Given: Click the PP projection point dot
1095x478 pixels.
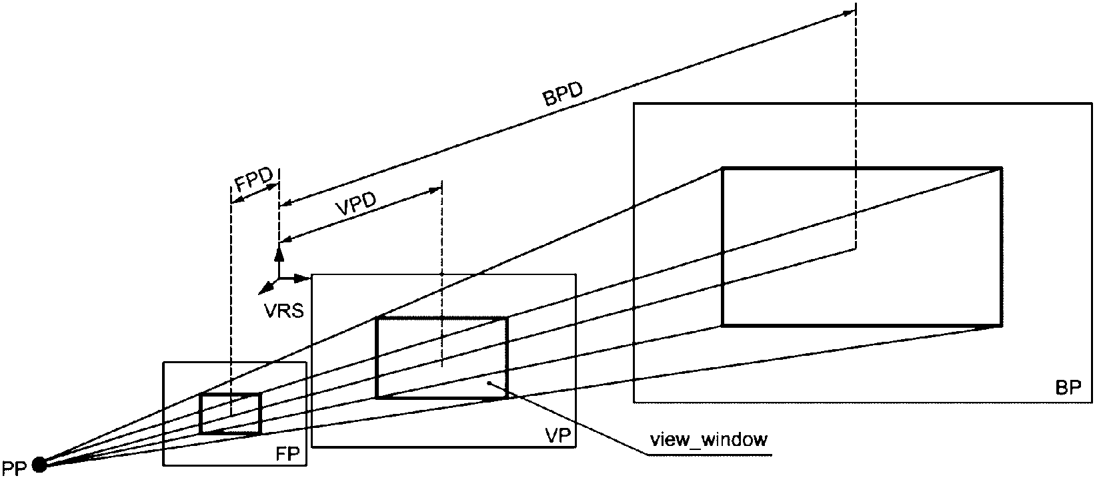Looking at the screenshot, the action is pos(39,464).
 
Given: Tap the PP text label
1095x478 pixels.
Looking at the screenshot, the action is pos(14,468).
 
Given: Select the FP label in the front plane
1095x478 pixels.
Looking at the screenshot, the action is pos(287,454).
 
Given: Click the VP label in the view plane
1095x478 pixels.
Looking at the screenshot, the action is pos(558,435).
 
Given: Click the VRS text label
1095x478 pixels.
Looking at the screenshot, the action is pos(284,310).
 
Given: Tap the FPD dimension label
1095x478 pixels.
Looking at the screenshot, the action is pos(253,181).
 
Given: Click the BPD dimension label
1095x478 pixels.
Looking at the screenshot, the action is pos(563,94).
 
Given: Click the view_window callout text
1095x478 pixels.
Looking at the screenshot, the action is pos(708,440).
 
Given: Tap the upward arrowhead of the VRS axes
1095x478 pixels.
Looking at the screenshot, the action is pos(279,253).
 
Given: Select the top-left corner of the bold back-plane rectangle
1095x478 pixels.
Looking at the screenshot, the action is pos(722,168).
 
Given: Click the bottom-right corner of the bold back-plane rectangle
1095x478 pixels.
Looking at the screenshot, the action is pos(1002,325).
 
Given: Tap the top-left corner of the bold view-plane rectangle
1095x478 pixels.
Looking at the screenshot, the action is pos(377,319).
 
